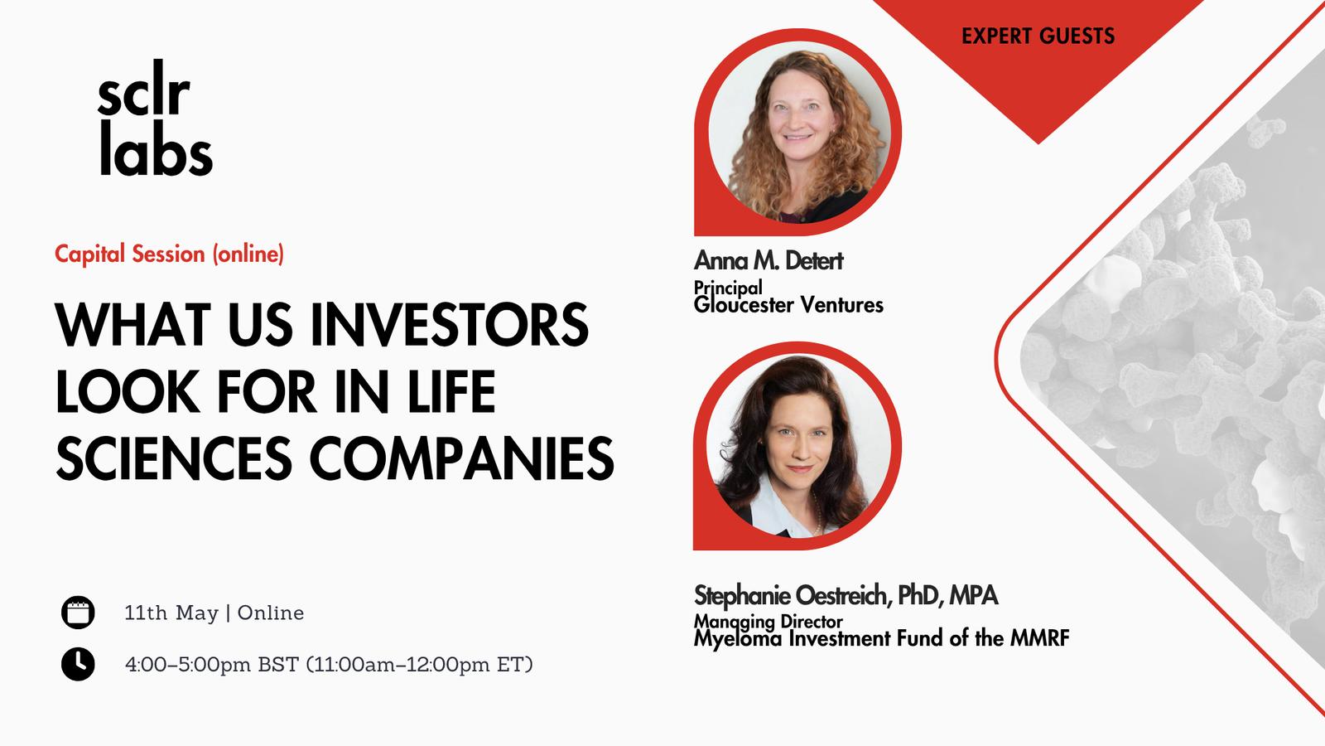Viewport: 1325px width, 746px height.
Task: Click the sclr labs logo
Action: click(155, 117)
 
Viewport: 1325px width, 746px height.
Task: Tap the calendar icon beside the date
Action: click(78, 613)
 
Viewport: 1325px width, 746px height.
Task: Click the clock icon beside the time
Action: click(78, 664)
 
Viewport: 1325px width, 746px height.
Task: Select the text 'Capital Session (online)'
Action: click(169, 254)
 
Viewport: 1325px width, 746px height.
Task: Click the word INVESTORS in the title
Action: click(450, 324)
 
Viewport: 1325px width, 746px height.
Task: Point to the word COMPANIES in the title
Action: click(461, 458)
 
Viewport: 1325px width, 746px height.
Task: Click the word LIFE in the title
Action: click(452, 391)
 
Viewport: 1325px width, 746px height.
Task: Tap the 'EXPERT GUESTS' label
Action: click(1038, 36)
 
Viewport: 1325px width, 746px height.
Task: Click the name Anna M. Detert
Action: click(768, 260)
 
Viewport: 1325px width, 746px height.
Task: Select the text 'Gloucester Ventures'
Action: click(788, 305)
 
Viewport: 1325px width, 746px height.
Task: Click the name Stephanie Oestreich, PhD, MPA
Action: click(846, 596)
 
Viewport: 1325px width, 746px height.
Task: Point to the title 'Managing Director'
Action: click(768, 622)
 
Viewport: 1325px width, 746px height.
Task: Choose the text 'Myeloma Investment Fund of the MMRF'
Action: click(881, 638)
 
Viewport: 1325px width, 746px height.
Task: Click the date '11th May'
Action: click(171, 613)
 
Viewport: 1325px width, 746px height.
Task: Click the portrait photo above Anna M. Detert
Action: click(799, 132)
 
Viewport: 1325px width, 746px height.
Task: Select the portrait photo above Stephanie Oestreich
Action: click(799, 447)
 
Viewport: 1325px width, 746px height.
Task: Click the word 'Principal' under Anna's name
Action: click(728, 287)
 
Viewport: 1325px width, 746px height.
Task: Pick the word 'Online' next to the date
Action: click(271, 613)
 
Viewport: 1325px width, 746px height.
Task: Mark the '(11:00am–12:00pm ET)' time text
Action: click(419, 664)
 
